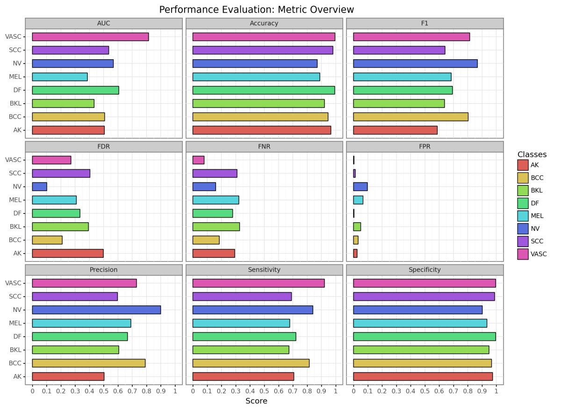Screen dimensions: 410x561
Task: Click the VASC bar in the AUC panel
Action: tap(90, 36)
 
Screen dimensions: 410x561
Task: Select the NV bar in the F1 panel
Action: tap(415, 64)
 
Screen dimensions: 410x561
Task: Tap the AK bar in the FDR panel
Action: tap(68, 253)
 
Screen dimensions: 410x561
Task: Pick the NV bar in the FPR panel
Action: tap(360, 187)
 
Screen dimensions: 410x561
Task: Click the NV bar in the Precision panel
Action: tap(96, 310)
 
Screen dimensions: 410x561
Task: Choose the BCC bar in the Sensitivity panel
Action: tap(251, 363)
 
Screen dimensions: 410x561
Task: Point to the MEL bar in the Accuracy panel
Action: tap(256, 77)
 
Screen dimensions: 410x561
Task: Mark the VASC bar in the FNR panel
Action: tap(198, 160)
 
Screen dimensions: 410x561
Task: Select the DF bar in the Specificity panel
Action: tap(424, 336)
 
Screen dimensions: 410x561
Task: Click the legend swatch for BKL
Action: tap(523, 190)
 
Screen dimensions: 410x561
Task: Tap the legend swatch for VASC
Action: tap(523, 254)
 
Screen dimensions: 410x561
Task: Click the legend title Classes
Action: tap(532, 154)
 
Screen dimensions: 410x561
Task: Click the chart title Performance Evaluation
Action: tap(257, 9)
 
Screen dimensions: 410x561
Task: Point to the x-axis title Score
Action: tap(256, 401)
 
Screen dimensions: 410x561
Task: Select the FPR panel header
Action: tap(425, 146)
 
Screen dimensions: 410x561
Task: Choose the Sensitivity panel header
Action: tap(264, 269)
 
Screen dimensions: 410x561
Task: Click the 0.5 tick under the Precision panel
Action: tap(104, 390)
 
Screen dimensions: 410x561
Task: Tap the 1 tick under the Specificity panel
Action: tap(496, 390)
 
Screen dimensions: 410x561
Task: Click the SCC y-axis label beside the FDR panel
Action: tap(15, 173)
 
